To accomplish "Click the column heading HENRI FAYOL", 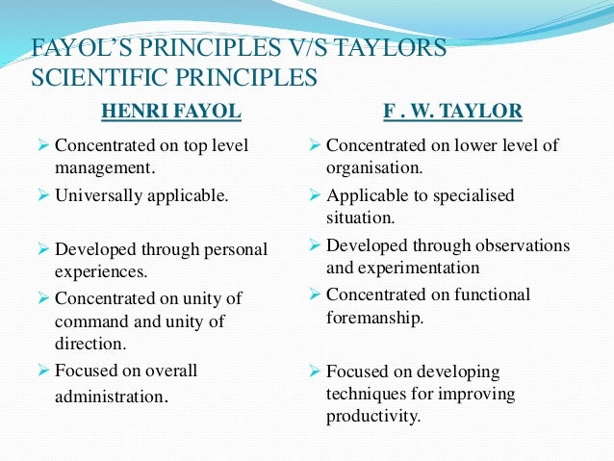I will point(171,112).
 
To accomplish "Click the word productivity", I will point(372,417).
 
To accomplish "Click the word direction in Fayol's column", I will point(90,342).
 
